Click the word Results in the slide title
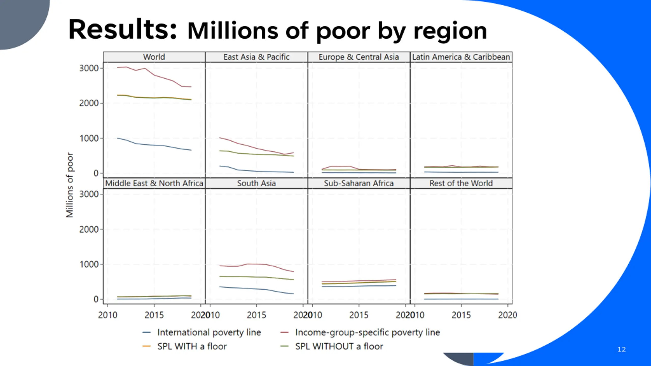[x=122, y=29]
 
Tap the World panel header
[x=154, y=57]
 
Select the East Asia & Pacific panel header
[x=256, y=57]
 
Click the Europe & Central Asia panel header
[x=359, y=57]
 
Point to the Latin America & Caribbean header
[x=461, y=57]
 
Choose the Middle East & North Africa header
[x=154, y=183]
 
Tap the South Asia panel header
[x=256, y=183]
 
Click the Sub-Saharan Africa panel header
[x=359, y=183]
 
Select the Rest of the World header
[x=461, y=183]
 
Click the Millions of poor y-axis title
[x=69, y=185]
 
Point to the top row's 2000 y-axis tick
[x=89, y=103]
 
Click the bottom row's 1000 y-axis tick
[x=89, y=264]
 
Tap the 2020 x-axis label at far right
[x=507, y=315]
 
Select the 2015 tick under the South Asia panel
[x=256, y=315]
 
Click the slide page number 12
[x=622, y=349]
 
